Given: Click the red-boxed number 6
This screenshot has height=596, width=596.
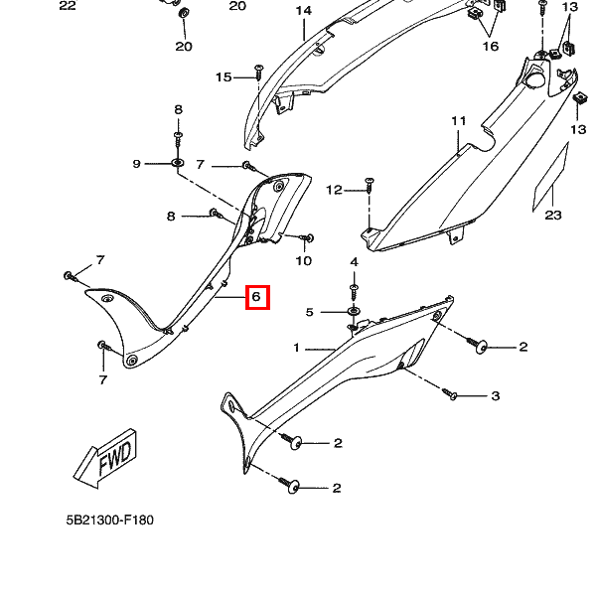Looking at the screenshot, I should point(256,296).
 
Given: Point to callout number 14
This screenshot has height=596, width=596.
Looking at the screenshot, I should point(303,11).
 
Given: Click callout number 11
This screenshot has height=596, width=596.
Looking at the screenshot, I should point(458,121).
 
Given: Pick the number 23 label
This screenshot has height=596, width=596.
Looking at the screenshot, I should point(553,216).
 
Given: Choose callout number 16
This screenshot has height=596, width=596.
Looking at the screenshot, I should point(491,46).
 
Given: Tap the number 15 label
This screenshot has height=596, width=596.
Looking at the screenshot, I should point(223,77).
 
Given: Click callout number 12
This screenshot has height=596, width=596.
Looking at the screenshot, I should point(334,190).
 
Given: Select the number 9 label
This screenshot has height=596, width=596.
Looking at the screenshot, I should point(137,164).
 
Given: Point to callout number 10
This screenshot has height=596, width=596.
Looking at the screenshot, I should point(303,261).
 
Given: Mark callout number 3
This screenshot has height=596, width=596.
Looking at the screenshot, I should point(495,396).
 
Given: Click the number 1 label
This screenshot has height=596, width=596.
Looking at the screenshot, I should point(295,348).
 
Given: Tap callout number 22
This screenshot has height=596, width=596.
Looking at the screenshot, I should point(67,6).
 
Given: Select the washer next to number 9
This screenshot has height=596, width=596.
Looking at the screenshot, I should point(177,163).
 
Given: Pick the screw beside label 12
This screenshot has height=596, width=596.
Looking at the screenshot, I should point(369,185).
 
